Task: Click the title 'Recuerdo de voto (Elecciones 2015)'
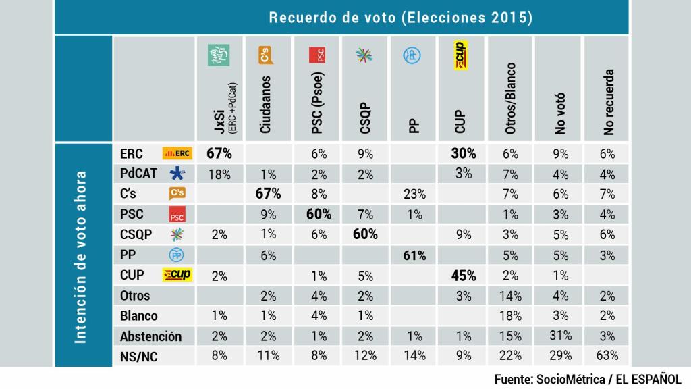coord(401,18)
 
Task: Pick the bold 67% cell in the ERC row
coord(219,153)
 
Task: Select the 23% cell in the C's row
coord(414,194)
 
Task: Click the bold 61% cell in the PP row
coord(414,255)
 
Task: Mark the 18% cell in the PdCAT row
coord(219,174)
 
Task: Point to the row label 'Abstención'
coord(150,336)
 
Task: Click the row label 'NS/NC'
coord(138,356)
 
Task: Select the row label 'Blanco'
coord(138,315)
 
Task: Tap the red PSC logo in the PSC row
coord(177,215)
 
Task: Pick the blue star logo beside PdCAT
coord(177,174)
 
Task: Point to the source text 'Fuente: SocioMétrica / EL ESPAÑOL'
coord(588,378)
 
